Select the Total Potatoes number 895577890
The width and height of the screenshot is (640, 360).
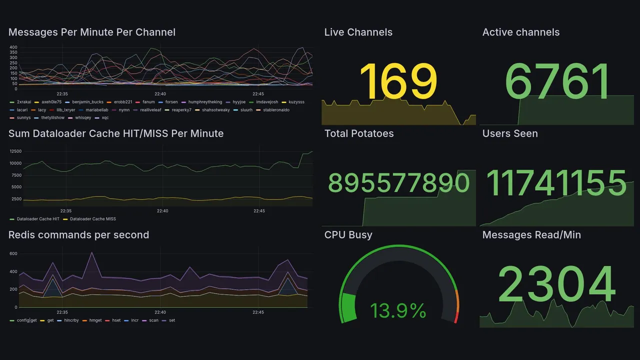click(398, 183)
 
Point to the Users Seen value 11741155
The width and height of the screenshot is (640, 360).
click(556, 183)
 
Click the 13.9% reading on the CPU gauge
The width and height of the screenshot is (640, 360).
click(398, 311)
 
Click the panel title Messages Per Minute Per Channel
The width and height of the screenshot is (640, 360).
click(92, 32)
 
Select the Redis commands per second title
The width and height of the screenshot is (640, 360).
click(78, 235)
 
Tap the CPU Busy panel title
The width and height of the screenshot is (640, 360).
click(348, 235)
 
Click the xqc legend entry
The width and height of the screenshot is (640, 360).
click(105, 118)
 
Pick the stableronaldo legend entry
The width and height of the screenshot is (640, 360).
click(276, 110)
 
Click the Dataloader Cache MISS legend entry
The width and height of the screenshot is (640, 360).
click(92, 219)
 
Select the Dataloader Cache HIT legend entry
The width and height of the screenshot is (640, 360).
click(38, 219)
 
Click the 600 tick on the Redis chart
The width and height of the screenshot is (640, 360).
click(13, 253)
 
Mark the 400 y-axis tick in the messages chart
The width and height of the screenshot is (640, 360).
click(13, 47)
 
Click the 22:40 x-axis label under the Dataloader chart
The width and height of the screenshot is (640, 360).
click(162, 211)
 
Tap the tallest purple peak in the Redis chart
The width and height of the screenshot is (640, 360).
click(91, 252)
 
